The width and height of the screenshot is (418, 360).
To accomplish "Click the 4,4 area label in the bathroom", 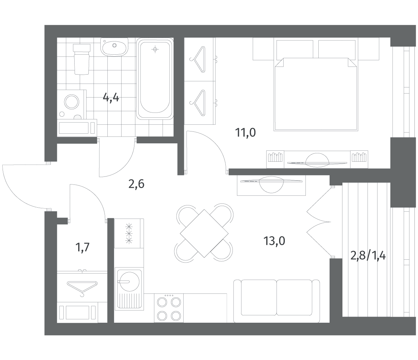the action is coord(111,98).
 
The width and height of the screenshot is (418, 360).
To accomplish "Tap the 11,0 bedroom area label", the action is coord(245,133).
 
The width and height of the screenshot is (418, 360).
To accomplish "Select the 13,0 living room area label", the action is coord(274,241).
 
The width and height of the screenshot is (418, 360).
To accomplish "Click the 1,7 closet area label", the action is coord(82,247).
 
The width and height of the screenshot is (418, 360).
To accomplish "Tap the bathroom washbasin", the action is coord(114,47).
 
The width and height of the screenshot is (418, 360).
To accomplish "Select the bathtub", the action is coord(155,79).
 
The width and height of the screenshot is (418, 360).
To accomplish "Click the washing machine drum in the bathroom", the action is coord(72,102).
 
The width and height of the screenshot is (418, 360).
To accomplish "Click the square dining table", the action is coord(204,233).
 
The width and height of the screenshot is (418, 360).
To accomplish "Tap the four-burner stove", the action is coord(169,308).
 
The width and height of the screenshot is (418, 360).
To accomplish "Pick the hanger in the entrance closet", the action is coord(82,287).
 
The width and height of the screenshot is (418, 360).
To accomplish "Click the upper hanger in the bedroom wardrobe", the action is coord(198,59).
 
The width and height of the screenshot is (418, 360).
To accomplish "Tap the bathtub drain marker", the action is coord(155,49).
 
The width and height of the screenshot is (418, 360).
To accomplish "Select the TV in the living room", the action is coord(271,181).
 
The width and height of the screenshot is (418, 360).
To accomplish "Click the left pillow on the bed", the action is coord(295,49).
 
